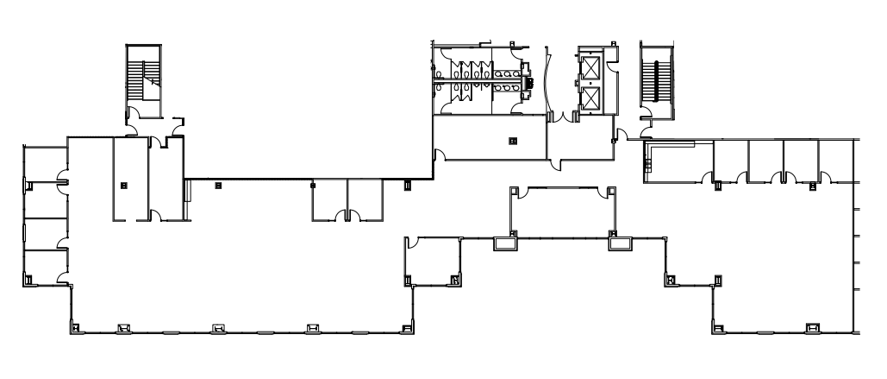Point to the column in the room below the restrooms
coord(513,140)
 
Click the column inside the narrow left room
coord(123,184)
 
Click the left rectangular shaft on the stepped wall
coord(503,244)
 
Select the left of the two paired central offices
coord(328,199)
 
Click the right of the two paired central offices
coord(364,199)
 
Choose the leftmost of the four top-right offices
coord(729,160)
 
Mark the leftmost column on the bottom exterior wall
coord(75,327)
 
